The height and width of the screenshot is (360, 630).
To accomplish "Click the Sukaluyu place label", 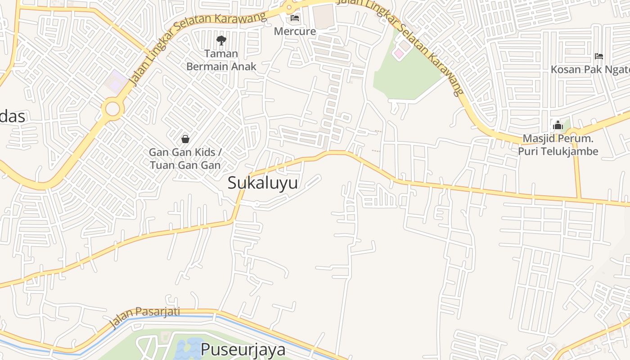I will coord(262,183).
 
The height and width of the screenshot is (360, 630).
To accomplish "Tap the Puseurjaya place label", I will coord(243,350).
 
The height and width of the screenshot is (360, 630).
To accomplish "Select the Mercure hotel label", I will coord(295,31).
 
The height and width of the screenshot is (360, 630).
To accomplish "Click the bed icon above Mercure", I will coord(295,18).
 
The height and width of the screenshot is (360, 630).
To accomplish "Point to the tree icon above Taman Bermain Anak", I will coord(221,40).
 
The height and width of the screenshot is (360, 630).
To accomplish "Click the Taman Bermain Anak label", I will coord(221,60).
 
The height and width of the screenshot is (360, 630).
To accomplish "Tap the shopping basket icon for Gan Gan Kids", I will coord(185,139).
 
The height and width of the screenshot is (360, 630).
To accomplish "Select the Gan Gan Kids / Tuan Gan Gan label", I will coord(185,158).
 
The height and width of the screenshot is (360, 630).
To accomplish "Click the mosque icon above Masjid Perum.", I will coord(558,125).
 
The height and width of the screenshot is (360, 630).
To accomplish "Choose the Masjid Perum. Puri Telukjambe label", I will coord(558,145).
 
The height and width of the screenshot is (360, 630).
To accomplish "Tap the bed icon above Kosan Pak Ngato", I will coord(598,56).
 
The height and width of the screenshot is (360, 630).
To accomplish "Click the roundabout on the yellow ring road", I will coord(112,109).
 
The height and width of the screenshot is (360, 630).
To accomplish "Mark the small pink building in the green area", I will coord(399,54).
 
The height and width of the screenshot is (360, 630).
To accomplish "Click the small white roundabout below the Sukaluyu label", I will coord(257,204).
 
